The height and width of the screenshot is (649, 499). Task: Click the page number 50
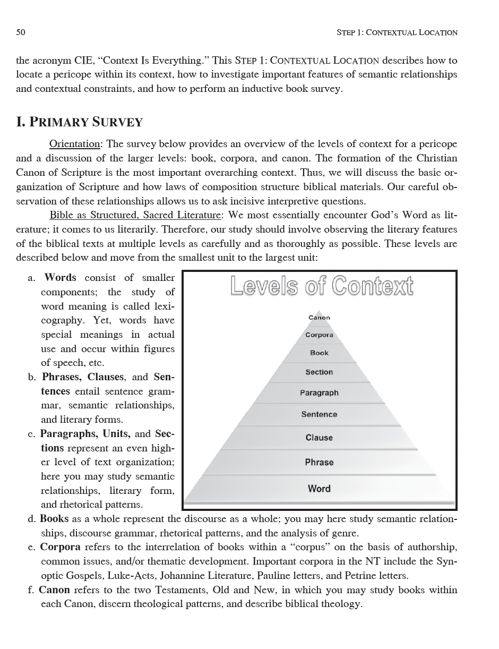coord(21,32)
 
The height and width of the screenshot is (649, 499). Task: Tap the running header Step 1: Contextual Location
coord(397,32)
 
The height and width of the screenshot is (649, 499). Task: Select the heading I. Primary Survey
coord(80,122)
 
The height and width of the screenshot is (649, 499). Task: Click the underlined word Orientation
coord(74,144)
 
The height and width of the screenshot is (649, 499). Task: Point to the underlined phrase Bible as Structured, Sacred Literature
coord(135,215)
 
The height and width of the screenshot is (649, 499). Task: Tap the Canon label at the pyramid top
coord(319,318)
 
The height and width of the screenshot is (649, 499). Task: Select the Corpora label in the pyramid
coord(319,335)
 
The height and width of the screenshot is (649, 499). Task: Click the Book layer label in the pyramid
coord(319,353)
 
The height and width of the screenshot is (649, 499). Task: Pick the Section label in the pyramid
coord(319,372)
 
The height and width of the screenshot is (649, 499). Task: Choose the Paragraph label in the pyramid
coord(319,393)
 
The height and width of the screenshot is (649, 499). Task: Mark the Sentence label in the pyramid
coord(319,414)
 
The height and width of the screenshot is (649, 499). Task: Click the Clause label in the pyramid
coord(319,438)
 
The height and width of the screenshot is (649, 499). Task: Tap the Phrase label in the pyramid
coord(319,462)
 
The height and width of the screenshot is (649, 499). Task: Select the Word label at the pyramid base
coord(319,489)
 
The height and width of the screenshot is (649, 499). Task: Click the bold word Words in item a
coord(60,278)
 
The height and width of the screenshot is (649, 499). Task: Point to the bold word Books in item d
coord(54,519)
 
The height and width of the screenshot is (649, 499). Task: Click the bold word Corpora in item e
coord(61,547)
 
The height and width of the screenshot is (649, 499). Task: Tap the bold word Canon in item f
coord(55,590)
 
